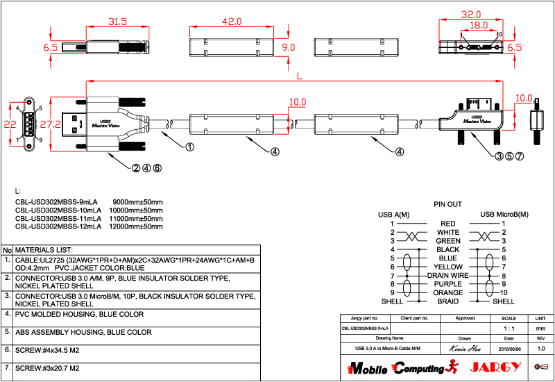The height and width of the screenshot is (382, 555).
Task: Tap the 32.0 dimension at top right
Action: pyautogui.click(x=471, y=14)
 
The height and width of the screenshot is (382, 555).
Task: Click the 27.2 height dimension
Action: pyautogui.click(x=48, y=124)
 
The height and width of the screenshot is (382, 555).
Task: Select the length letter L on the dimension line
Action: pyautogui.click(x=298, y=75)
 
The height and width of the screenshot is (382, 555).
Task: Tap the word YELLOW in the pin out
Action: pyautogui.click(x=448, y=267)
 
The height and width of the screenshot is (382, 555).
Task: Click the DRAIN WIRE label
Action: pyautogui.click(x=448, y=276)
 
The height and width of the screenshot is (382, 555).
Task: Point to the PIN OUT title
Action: pyautogui.click(x=447, y=205)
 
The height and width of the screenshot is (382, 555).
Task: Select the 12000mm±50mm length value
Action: pyautogui.click(x=137, y=226)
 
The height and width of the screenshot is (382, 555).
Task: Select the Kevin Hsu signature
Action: pyautogui.click(x=465, y=348)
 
